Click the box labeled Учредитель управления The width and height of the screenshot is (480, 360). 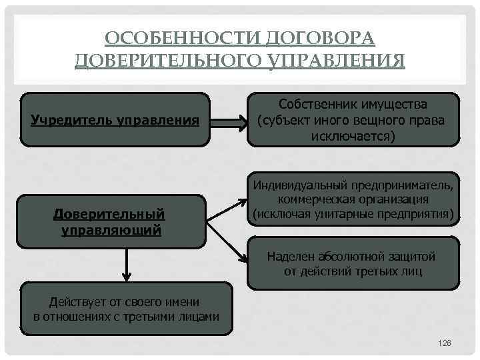point(115,120)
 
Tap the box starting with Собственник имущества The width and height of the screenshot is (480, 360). point(353,120)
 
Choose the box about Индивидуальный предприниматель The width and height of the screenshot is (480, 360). point(353,199)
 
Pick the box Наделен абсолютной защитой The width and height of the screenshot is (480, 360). point(353,264)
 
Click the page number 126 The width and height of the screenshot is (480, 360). point(445,342)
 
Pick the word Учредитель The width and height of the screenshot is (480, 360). point(70,121)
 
